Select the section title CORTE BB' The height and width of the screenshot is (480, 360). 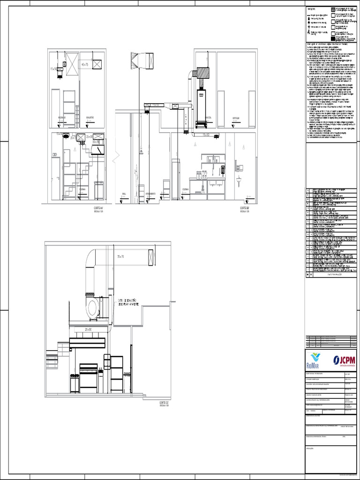coord(245,207)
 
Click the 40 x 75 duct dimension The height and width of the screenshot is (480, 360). coord(85,64)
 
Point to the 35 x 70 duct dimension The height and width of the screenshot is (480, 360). coord(120,256)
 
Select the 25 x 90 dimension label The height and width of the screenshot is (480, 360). coord(88,330)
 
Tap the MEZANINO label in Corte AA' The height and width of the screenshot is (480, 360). coord(62,118)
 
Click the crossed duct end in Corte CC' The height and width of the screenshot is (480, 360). coord(151,258)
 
